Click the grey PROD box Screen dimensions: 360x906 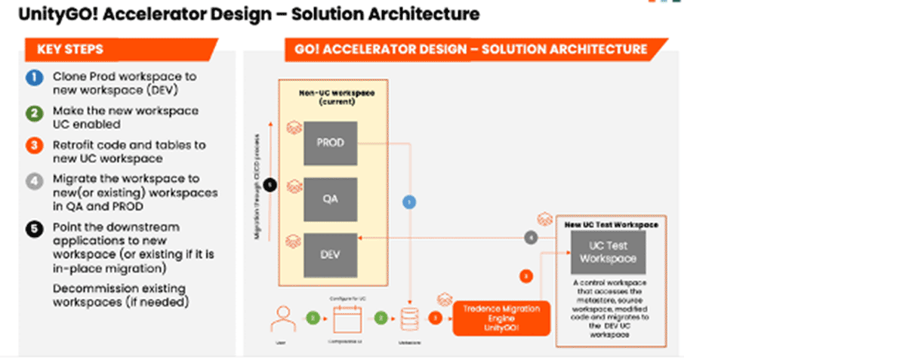point(329,142)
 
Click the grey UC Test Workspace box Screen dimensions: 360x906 point(608,251)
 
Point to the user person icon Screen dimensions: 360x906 point(281,318)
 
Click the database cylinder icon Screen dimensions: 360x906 point(409,319)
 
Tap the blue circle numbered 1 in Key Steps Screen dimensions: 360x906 point(33,77)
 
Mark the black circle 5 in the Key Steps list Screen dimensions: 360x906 point(33,228)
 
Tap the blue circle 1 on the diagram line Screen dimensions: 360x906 point(408,202)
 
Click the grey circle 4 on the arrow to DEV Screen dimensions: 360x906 point(531,238)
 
